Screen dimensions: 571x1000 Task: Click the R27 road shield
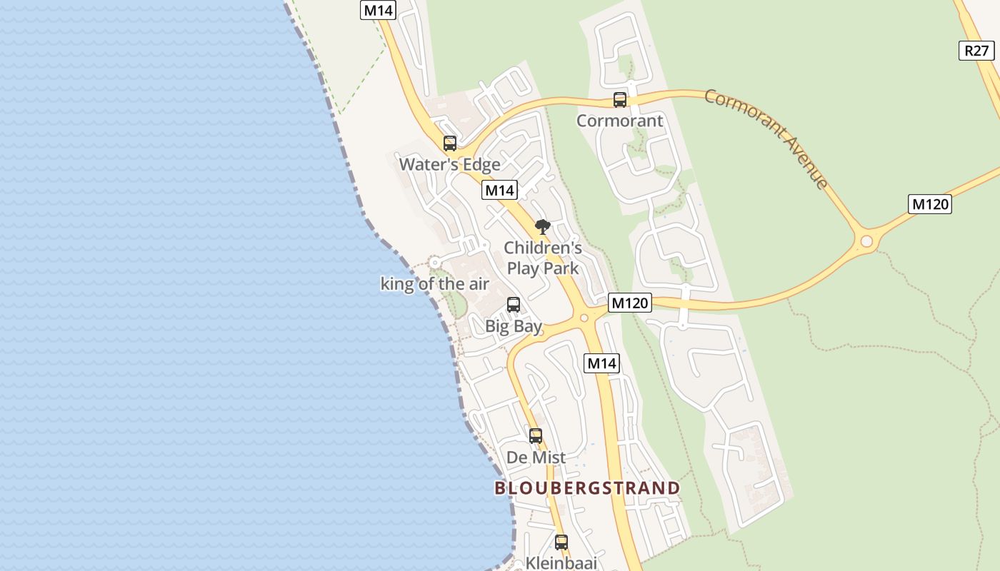tap(976, 51)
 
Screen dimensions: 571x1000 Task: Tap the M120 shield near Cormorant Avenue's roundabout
tap(930, 204)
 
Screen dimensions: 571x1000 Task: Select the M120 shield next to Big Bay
tap(630, 303)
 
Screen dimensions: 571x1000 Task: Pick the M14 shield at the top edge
tap(379, 10)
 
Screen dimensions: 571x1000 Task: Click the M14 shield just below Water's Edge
tap(499, 191)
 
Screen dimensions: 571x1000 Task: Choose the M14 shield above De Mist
tap(601, 363)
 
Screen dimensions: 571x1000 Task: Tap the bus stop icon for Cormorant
tap(620, 100)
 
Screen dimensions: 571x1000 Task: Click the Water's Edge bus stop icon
tap(450, 143)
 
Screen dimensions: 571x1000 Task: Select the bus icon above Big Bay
tap(513, 305)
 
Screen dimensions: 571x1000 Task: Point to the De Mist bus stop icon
tap(536, 435)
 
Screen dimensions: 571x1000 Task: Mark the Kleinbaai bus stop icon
tap(561, 542)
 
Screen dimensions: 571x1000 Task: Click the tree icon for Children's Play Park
tap(543, 227)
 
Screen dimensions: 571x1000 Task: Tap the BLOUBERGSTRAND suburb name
tap(587, 488)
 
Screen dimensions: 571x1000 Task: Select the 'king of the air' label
tap(434, 284)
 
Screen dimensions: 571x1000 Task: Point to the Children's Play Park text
tap(543, 258)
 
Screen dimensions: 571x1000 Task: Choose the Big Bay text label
tap(514, 327)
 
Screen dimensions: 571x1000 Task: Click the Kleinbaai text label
tap(561, 562)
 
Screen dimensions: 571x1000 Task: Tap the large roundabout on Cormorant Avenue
tap(866, 241)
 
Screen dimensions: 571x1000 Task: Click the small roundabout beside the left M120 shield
tap(584, 318)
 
